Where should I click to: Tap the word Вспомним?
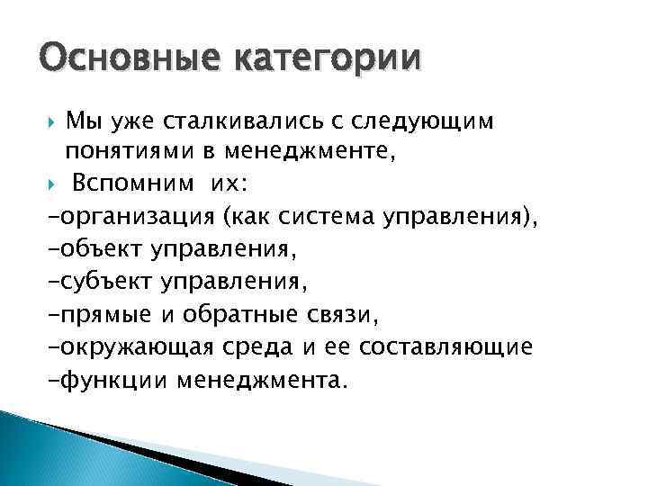coord(138,184)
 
